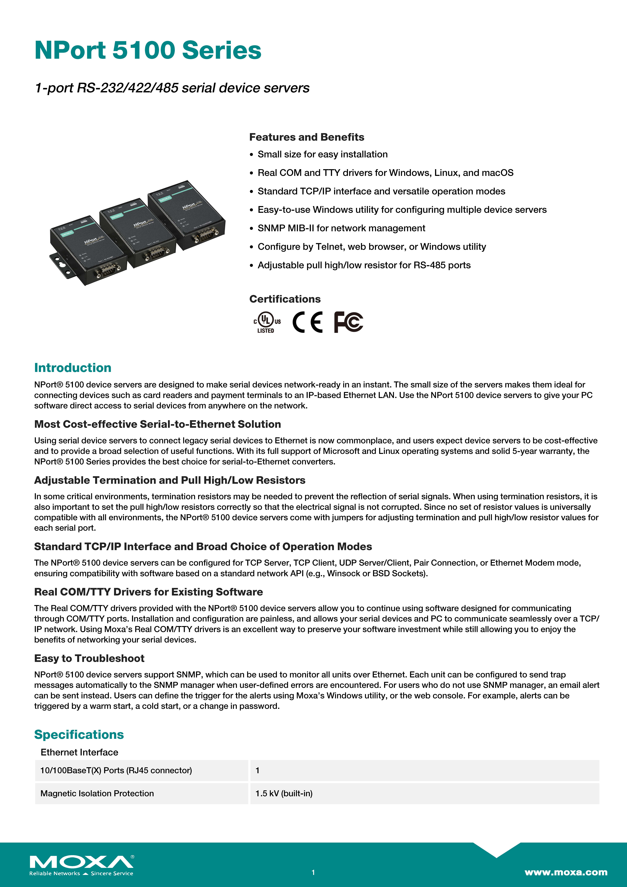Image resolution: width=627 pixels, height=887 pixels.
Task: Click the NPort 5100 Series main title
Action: coord(148,51)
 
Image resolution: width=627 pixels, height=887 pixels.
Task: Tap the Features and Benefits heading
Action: coord(306,137)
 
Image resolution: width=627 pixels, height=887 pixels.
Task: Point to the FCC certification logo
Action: coord(348,322)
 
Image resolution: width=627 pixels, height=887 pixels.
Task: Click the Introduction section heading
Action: coord(73,368)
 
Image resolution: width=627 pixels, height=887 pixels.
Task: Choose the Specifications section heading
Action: coord(79,734)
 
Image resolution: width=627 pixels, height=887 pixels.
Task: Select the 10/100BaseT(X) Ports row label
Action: coord(116,770)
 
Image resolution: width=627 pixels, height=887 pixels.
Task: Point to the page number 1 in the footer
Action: coord(313,872)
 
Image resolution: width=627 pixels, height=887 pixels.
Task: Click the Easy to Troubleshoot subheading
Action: coord(89,658)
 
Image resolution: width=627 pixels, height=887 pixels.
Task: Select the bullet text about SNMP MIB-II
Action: coord(341,228)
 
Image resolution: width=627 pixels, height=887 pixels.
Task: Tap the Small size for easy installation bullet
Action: coord(323,154)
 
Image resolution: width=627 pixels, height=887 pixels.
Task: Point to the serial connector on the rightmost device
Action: coord(205,234)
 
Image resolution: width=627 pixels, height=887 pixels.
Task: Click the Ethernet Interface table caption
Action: coord(79,752)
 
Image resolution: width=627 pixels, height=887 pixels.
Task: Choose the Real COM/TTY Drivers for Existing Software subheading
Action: coord(148,592)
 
